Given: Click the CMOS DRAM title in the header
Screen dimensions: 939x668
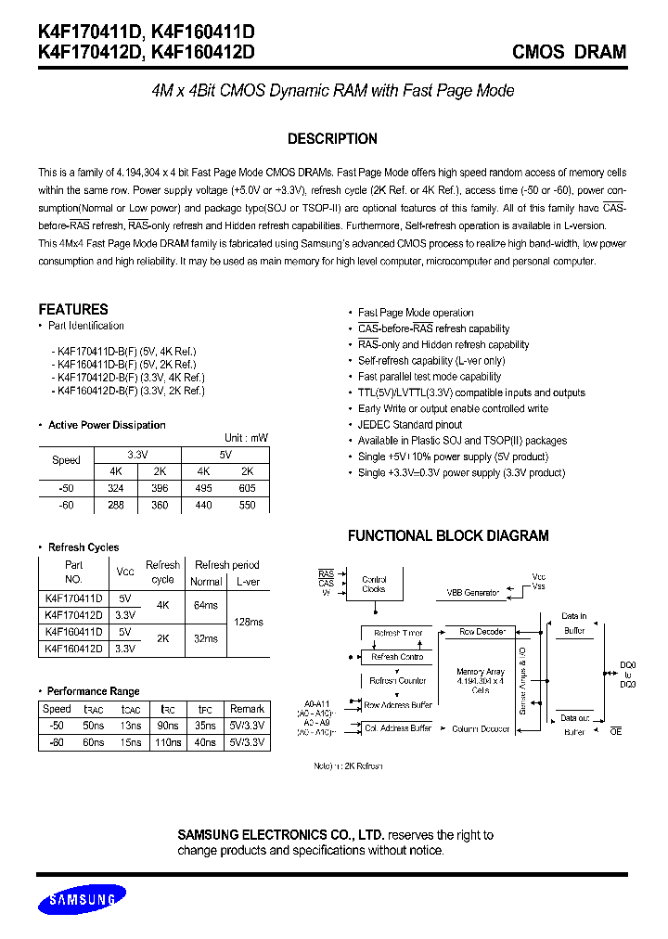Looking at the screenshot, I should click(569, 52).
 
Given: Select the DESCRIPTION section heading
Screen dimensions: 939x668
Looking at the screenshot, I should click(332, 139).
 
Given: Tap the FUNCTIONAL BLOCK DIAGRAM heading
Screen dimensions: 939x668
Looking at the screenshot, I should click(447, 535).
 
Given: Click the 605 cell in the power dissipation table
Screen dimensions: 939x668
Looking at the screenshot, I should click(247, 488).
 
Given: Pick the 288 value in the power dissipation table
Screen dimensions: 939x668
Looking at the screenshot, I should click(115, 506).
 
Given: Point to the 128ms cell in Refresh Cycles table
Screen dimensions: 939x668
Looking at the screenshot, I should click(250, 622).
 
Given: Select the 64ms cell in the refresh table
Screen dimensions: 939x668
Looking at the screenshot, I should click(206, 605).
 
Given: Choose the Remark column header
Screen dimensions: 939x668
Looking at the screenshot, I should click(247, 709).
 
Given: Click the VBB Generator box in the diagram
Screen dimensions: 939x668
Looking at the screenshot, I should click(473, 592).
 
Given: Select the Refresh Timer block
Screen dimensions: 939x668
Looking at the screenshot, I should click(398, 633).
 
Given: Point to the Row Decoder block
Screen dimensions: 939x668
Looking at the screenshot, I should click(482, 632).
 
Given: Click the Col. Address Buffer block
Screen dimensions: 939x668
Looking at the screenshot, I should click(398, 728).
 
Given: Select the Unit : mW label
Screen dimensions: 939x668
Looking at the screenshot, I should click(246, 438).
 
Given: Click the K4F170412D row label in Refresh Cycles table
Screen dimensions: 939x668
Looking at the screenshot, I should click(74, 614).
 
